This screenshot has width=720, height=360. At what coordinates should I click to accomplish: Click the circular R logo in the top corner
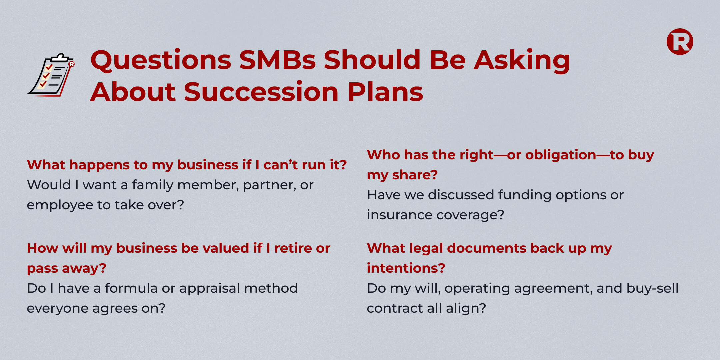680,42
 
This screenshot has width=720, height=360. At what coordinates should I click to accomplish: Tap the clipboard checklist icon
51,75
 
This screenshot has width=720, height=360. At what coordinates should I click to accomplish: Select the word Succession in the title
261,92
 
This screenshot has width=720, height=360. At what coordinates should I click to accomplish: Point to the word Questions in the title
161,60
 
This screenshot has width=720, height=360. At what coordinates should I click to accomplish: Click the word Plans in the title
385,92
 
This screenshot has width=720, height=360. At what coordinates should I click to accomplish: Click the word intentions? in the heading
406,268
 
